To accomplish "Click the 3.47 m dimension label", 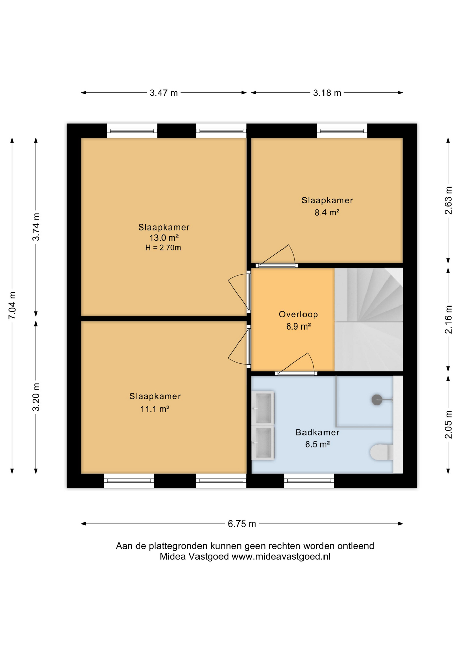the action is coord(164,93).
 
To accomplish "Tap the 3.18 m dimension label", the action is coord(327,93).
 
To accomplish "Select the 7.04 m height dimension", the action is coord(12,305).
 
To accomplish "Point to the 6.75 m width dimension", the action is coord(242,524).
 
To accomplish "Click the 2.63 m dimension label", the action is coord(448,200).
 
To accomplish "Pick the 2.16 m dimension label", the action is coord(448,319).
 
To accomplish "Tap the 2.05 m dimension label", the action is coord(448,425).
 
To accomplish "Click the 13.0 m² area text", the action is coord(164,238).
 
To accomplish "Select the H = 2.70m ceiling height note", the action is coord(163,248).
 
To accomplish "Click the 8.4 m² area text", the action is coord(327,213).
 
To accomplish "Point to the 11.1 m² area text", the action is coord(155,409).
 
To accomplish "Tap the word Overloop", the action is coord(298,314).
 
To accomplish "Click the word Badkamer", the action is coord(317,432).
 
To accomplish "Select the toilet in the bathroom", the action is coord(381,452).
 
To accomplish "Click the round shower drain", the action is coord(377,400).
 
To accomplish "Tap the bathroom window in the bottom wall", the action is coord(309,480).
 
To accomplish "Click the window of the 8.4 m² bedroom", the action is coord(342,131).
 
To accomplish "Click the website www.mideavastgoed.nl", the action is coord(281,557).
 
